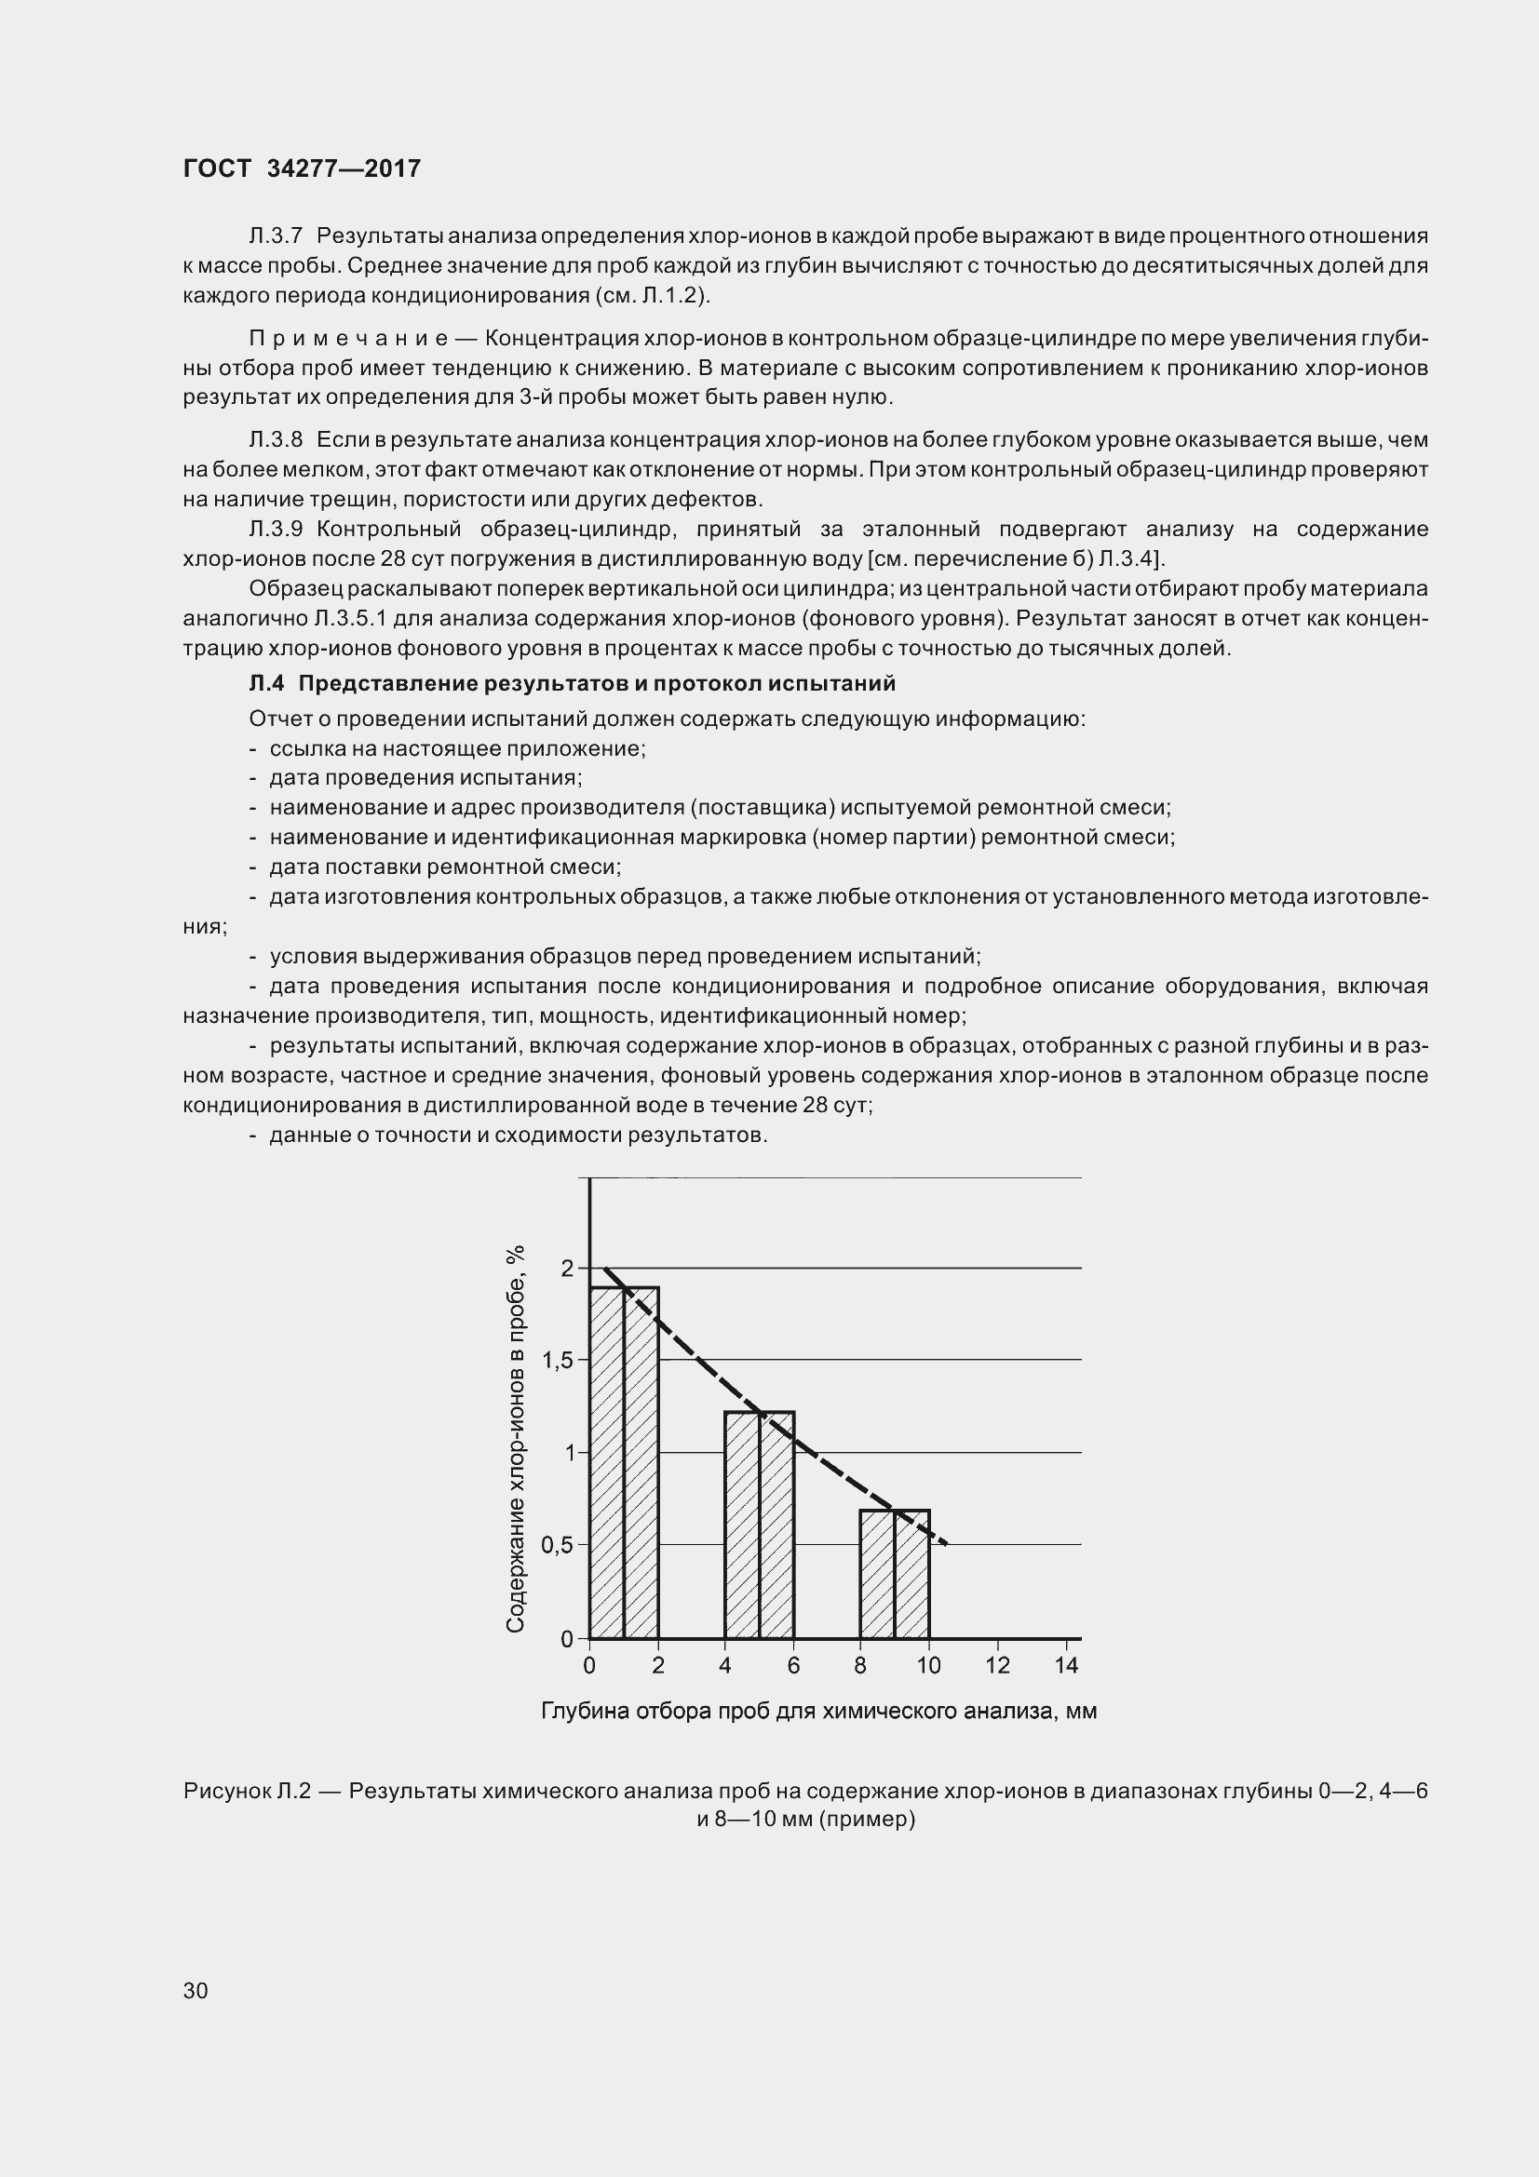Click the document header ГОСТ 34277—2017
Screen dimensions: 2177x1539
[302, 168]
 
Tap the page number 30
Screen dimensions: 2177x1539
[196, 1989]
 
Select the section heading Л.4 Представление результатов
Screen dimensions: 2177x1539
[572, 684]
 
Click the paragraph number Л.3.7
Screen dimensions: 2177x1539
[275, 235]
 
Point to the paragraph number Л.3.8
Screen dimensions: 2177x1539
[275, 440]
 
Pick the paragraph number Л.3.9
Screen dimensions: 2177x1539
[275, 529]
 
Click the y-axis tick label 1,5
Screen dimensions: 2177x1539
[558, 1361]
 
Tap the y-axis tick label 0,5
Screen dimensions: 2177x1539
[558, 1545]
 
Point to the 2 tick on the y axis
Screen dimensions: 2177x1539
[568, 1268]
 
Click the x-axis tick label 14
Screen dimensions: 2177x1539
[1066, 1666]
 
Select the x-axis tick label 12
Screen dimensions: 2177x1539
[997, 1666]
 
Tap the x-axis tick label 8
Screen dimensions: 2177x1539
[861, 1666]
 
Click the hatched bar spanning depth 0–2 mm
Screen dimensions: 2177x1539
[624, 1465]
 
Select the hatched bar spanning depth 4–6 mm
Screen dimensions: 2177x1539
[760, 1526]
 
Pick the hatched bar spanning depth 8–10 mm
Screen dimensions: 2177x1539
[895, 1576]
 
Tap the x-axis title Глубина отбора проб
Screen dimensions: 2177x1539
[818, 1712]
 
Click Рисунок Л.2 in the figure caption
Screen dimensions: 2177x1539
[248, 1791]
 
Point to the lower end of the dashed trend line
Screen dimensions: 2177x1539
[943, 1543]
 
